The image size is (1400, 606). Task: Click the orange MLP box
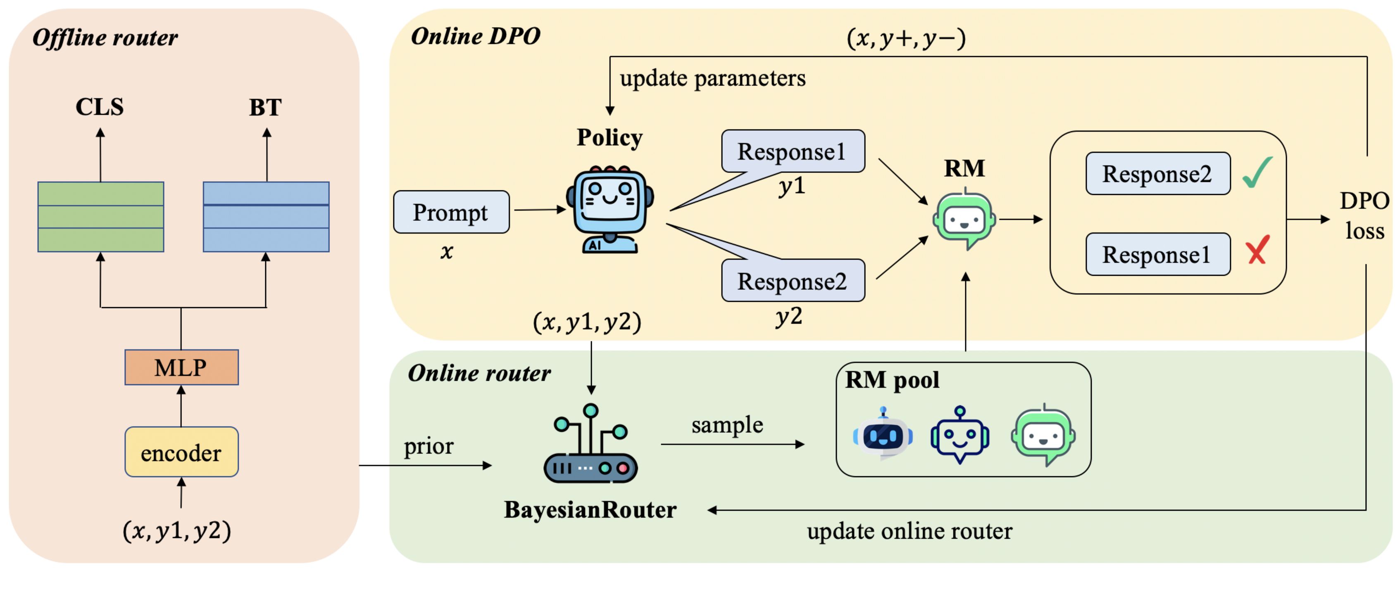tap(181, 368)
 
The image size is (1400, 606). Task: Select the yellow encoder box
tap(181, 452)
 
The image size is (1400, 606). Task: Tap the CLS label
tap(100, 107)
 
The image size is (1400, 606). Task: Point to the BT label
tap(265, 107)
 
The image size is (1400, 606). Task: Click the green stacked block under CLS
tap(100, 217)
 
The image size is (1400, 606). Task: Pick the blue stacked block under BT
tap(266, 217)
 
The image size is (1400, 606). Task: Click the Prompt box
tap(451, 212)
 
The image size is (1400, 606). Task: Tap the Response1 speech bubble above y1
tap(793, 151)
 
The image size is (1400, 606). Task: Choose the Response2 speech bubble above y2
tap(793, 281)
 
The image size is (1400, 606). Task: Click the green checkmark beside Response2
tap(1257, 172)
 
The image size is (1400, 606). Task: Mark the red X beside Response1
tap(1257, 250)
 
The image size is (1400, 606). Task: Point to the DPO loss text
tap(1364, 215)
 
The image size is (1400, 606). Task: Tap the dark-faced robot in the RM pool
tap(883, 434)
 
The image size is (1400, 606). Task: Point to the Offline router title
tap(105, 38)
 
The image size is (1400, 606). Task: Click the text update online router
tap(909, 531)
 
